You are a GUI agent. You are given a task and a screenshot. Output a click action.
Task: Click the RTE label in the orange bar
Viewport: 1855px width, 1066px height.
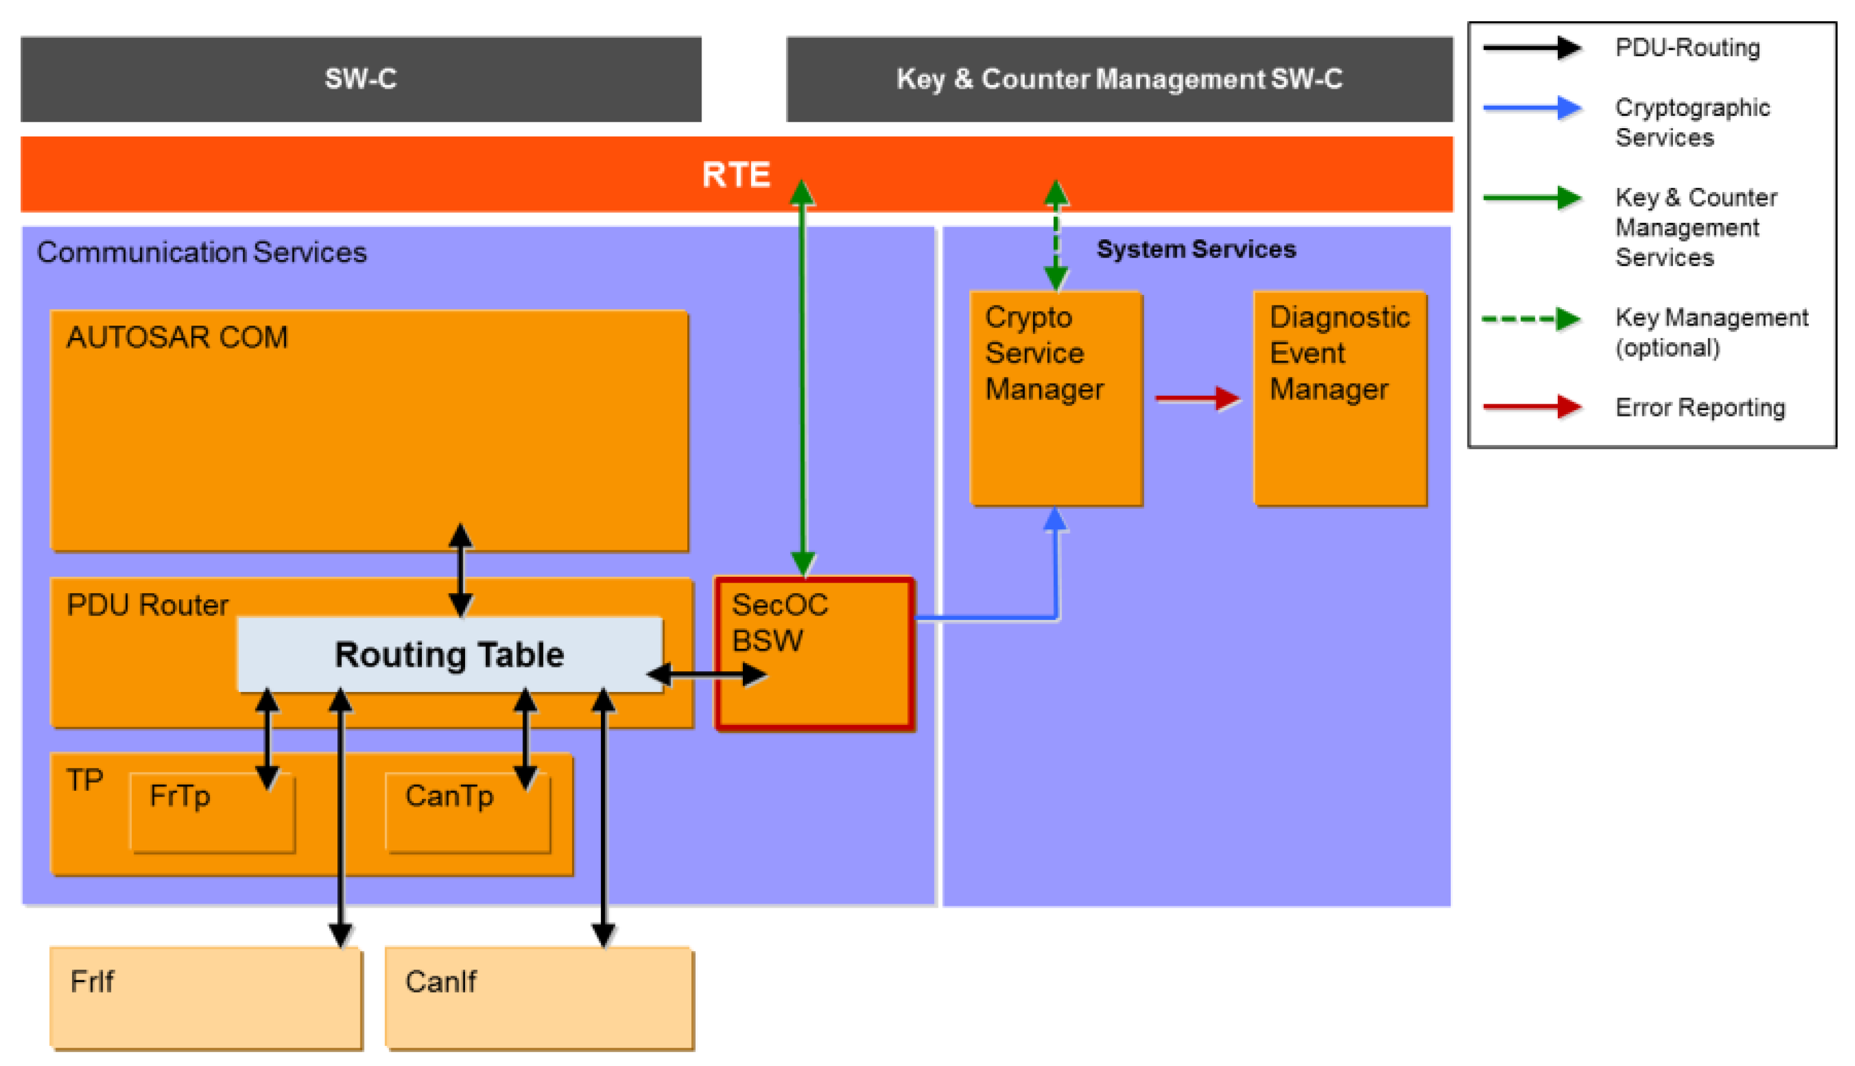[736, 175]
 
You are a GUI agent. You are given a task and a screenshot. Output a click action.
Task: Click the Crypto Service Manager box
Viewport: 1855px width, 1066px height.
[1055, 399]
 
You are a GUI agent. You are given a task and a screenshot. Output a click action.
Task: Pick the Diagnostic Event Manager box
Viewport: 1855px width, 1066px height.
[1340, 399]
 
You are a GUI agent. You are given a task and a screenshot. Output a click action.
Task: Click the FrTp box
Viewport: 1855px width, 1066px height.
[212, 812]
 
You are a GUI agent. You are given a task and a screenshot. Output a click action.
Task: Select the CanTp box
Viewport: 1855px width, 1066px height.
[467, 812]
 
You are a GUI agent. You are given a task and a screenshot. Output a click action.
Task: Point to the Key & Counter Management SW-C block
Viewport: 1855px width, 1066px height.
[1119, 79]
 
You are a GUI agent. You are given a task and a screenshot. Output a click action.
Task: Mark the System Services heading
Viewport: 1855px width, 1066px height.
[1196, 250]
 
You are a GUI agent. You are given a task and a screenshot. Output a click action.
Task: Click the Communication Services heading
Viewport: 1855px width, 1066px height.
[202, 252]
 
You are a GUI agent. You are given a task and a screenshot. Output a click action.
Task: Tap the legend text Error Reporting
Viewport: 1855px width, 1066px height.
[1700, 407]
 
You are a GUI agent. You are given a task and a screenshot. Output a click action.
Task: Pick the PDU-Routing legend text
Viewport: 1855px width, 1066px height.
[1687, 48]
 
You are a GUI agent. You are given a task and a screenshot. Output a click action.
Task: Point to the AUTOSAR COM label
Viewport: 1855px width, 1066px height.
[177, 337]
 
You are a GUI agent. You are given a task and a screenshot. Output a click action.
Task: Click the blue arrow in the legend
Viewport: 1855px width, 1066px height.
[1531, 108]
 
